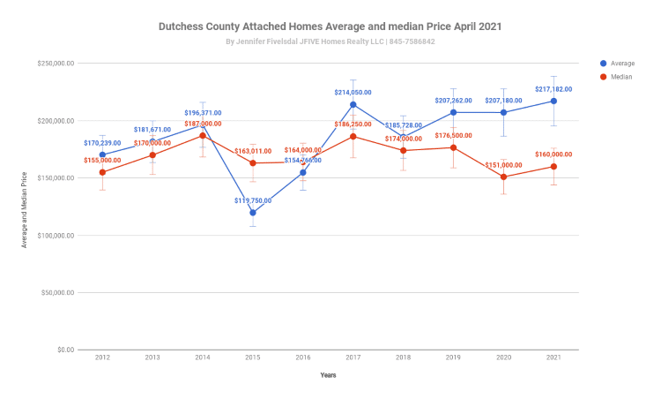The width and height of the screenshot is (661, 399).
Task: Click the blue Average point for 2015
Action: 253,213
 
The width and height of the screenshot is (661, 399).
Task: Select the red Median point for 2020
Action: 503,177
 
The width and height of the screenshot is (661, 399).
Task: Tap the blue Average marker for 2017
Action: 353,104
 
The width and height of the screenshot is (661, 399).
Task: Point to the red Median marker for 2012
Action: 102,172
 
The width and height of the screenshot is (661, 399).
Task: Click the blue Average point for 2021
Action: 553,101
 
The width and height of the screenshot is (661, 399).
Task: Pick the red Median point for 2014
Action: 203,135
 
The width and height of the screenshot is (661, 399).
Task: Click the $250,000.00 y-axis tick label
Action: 55,64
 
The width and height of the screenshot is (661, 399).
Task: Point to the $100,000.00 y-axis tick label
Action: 55,236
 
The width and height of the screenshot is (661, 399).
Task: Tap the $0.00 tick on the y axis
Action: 62,350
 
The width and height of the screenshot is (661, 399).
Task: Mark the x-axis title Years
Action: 328,375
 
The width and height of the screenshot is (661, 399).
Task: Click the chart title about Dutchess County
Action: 330,26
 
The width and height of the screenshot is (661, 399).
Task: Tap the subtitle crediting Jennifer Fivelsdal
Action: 330,41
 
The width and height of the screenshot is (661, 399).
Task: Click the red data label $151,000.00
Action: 503,165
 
